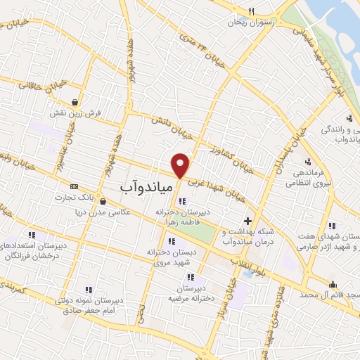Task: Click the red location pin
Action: (181, 164)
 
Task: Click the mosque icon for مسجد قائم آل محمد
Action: (333, 283)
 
